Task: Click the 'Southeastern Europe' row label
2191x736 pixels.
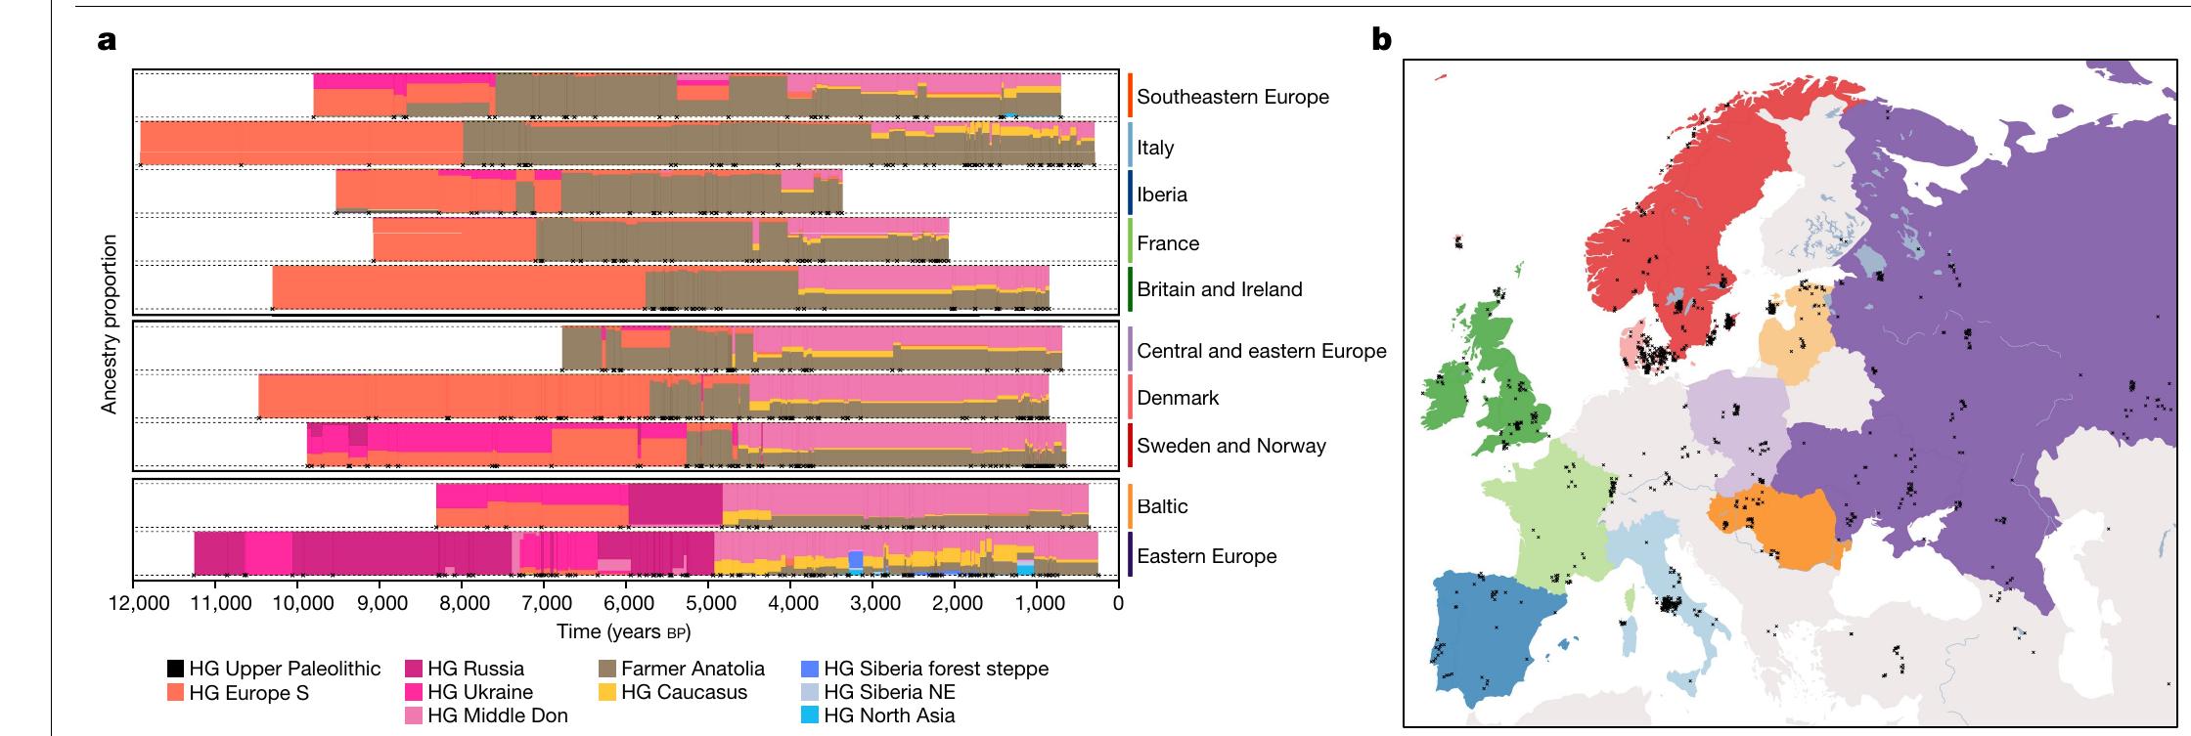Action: coord(1232,97)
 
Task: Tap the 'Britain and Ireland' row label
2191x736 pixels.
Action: coord(1219,289)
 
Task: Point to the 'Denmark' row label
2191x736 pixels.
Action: coord(1178,398)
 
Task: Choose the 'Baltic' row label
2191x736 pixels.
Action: coord(1162,506)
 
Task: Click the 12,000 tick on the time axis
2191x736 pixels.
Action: coord(135,603)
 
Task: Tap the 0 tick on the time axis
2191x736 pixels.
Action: coord(1118,603)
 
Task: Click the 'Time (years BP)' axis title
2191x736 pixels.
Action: coord(623,631)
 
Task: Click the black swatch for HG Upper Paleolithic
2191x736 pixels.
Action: coord(175,670)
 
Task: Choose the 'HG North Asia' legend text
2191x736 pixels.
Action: coord(889,715)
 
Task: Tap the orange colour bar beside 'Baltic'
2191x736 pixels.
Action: coord(1130,506)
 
